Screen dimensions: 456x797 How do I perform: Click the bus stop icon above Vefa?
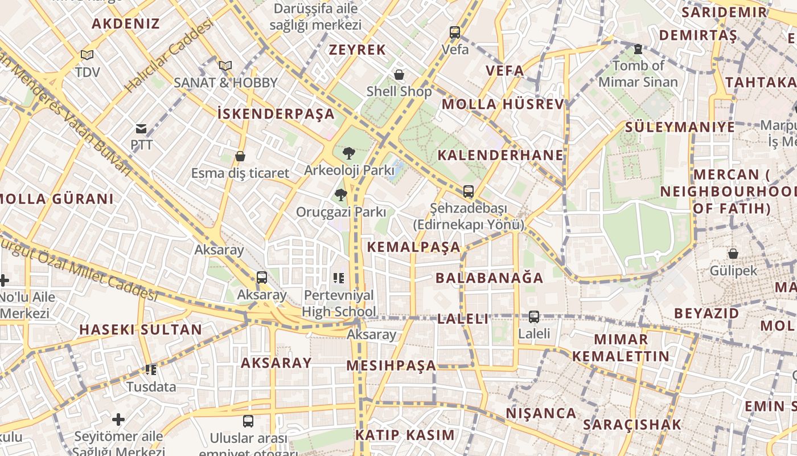[x=455, y=32]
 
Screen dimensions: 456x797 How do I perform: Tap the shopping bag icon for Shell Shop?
[x=399, y=75]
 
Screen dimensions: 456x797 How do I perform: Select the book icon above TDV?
[x=87, y=55]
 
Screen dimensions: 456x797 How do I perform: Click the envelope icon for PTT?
[x=141, y=129]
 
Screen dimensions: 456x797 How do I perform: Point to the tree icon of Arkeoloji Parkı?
[x=348, y=153]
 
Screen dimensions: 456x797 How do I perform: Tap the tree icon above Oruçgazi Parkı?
[x=340, y=196]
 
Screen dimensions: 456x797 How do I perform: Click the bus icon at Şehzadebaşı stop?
[x=468, y=192]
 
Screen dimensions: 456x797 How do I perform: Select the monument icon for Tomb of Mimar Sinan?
[x=638, y=50]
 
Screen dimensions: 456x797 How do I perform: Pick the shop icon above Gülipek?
[x=733, y=254]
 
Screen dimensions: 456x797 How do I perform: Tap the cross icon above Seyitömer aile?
[x=118, y=420]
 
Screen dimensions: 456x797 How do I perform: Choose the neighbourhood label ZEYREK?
[x=358, y=50]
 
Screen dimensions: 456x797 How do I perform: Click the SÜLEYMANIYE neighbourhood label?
[x=680, y=127]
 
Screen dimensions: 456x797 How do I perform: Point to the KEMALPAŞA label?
[x=414, y=247]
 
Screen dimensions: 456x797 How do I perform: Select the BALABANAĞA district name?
[x=490, y=278]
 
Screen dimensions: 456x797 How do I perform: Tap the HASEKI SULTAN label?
[x=141, y=329]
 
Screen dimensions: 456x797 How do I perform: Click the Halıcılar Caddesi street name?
[x=169, y=56]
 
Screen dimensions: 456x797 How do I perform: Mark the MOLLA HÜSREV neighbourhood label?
[x=503, y=104]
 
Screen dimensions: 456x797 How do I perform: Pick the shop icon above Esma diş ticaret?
[x=240, y=156]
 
